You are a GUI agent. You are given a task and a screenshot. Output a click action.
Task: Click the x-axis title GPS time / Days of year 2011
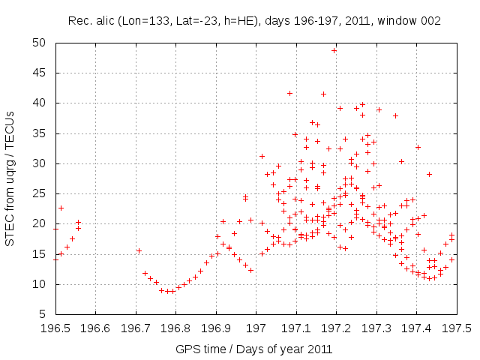pos(254,349)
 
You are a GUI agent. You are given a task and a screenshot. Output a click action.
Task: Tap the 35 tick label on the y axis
pos(40,133)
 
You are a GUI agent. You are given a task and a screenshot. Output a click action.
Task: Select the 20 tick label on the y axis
pos(40,223)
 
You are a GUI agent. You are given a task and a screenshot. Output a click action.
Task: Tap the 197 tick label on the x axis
pos(256,328)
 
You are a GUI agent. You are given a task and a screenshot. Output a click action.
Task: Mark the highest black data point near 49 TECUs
pos(334,51)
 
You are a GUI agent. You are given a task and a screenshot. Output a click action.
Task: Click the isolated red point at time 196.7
pos(139,250)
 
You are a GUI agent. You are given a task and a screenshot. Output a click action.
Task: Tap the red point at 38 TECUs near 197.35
pos(395,115)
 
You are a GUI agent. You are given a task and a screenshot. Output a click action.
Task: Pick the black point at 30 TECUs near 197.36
pos(401,161)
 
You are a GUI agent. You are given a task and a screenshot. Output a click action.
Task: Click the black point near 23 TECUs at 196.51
pos(61,208)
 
